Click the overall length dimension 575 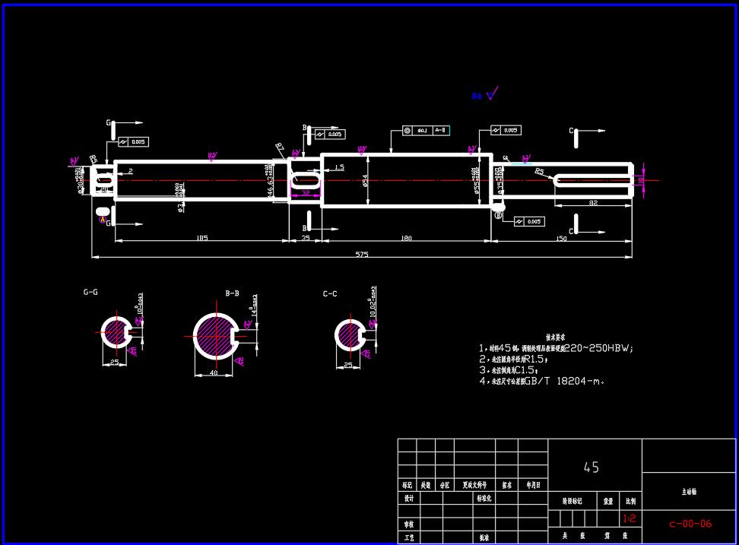tap(361, 255)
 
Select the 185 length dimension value tap(201, 239)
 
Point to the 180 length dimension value tap(406, 239)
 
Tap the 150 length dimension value tap(561, 239)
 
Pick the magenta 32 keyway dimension tap(305, 193)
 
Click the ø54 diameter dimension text tap(365, 180)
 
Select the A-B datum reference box tap(439, 131)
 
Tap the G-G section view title tap(90, 292)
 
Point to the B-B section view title tap(233, 293)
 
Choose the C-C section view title tap(330, 293)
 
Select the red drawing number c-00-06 tap(690, 523)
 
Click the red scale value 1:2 tap(630, 519)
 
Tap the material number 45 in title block tap(591, 467)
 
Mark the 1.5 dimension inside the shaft tap(339, 166)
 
